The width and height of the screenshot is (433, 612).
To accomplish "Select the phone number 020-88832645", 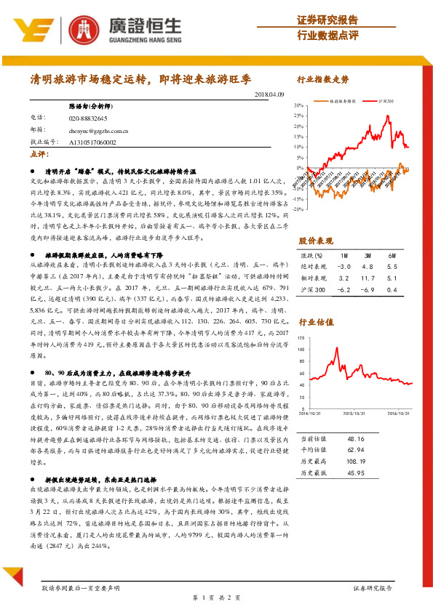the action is point(88,118).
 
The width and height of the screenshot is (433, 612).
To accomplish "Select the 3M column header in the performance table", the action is point(368,256).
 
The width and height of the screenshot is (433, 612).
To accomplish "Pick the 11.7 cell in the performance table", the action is point(368,278).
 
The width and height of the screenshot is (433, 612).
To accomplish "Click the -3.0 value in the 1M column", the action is point(343,267).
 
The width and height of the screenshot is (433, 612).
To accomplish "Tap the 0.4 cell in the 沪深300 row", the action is point(393,289).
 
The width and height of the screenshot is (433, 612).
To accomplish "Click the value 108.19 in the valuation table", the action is point(355,462).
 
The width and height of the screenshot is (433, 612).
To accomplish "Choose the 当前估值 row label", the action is point(314,439).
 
